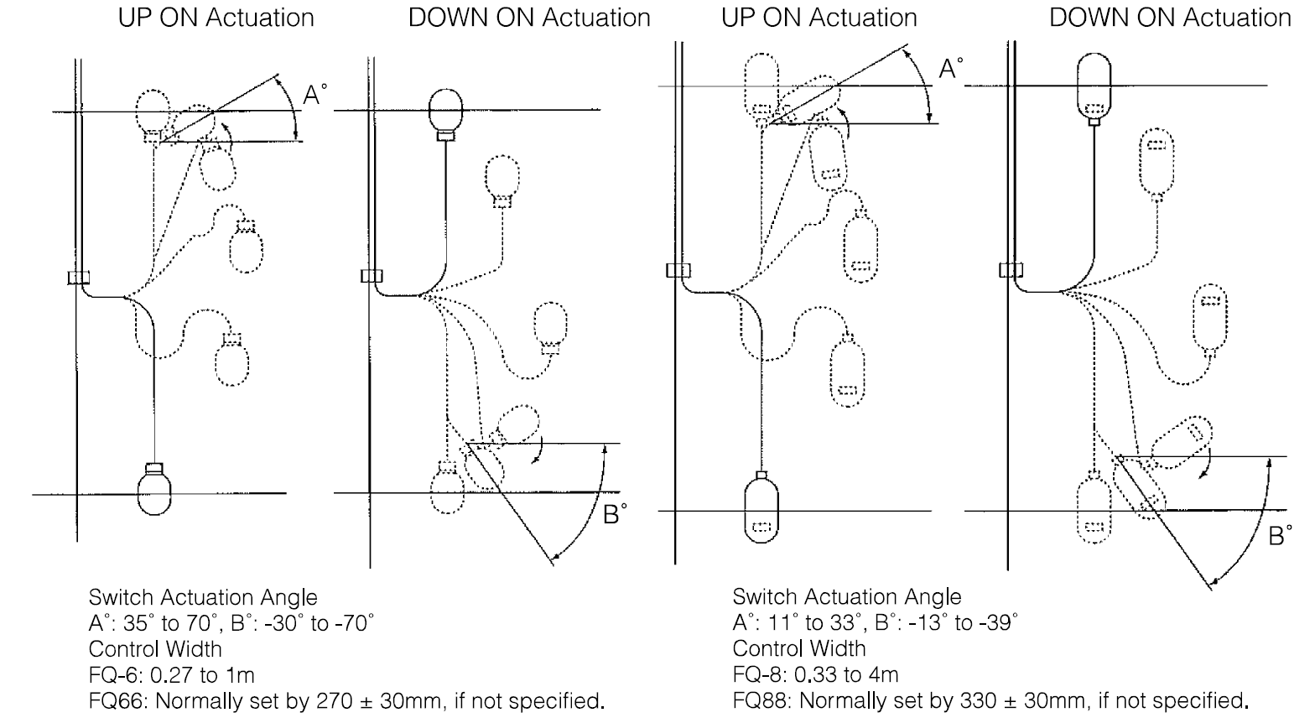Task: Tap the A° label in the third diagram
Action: tap(950, 69)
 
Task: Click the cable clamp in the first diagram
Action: tap(79, 278)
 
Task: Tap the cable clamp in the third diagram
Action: tap(678, 269)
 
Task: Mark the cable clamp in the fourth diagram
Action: tap(1011, 269)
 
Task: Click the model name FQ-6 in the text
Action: tap(112, 675)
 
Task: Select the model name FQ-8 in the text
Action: tap(756, 674)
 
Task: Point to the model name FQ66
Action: tap(112, 700)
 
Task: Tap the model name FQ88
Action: tap(756, 700)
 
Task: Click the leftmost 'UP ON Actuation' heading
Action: tap(216, 18)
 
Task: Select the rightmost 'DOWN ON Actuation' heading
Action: tap(1171, 18)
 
